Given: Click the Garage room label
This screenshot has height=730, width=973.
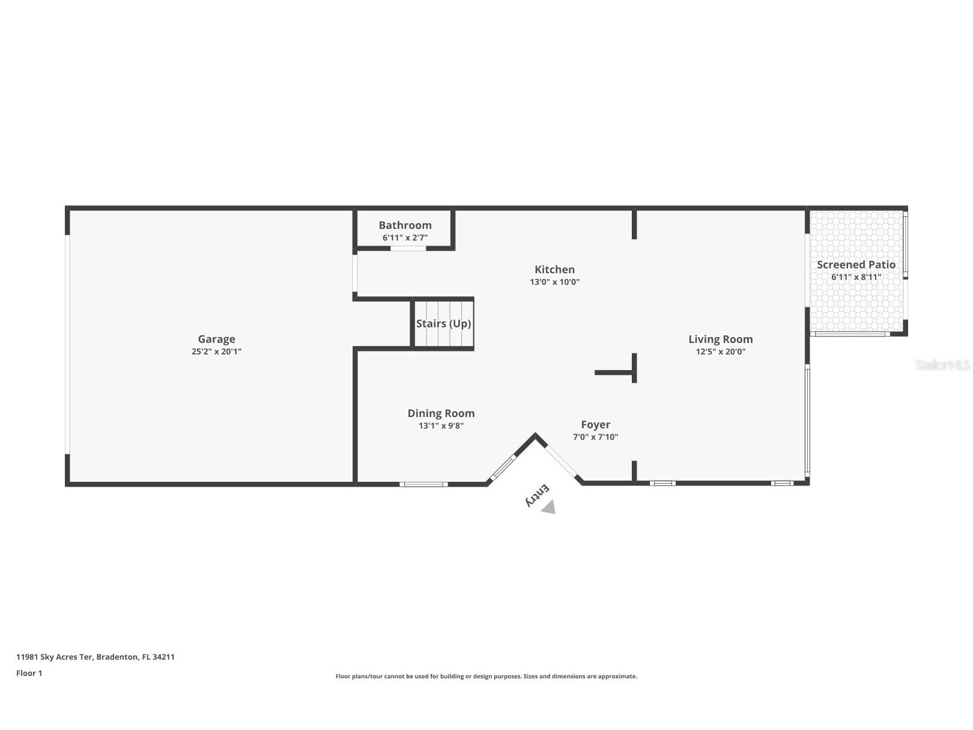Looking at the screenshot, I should click(216, 339).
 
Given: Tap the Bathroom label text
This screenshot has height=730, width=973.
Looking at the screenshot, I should click(405, 225).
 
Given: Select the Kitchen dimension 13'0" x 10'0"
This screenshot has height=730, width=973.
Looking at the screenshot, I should click(554, 282).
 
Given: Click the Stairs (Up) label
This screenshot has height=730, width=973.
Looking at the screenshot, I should click(443, 323).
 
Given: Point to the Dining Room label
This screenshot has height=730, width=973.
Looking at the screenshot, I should click(441, 413).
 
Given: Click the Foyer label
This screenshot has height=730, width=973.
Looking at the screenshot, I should click(595, 425).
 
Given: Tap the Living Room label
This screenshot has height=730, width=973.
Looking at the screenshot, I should click(720, 339).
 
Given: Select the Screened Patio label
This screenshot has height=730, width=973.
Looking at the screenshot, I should click(856, 264).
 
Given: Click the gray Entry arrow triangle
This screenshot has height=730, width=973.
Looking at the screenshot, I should click(549, 508).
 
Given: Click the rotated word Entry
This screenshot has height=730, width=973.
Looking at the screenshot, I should click(537, 495).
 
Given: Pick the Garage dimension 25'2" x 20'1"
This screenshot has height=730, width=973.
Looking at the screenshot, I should click(216, 351).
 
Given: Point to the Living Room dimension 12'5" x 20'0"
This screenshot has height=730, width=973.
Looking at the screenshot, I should click(720, 351).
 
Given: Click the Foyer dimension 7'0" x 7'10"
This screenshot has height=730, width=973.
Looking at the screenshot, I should click(595, 437).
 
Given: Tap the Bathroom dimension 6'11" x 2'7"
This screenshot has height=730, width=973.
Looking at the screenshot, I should click(405, 237).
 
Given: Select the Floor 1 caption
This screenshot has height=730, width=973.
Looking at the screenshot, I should click(29, 673).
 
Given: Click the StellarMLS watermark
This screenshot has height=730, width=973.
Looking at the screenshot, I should click(942, 365).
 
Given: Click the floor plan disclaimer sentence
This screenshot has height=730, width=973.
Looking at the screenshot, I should click(486, 676).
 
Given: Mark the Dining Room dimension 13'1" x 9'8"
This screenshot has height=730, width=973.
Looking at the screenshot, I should click(441, 425).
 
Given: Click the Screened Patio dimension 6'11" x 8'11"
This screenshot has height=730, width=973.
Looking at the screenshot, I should click(856, 277).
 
